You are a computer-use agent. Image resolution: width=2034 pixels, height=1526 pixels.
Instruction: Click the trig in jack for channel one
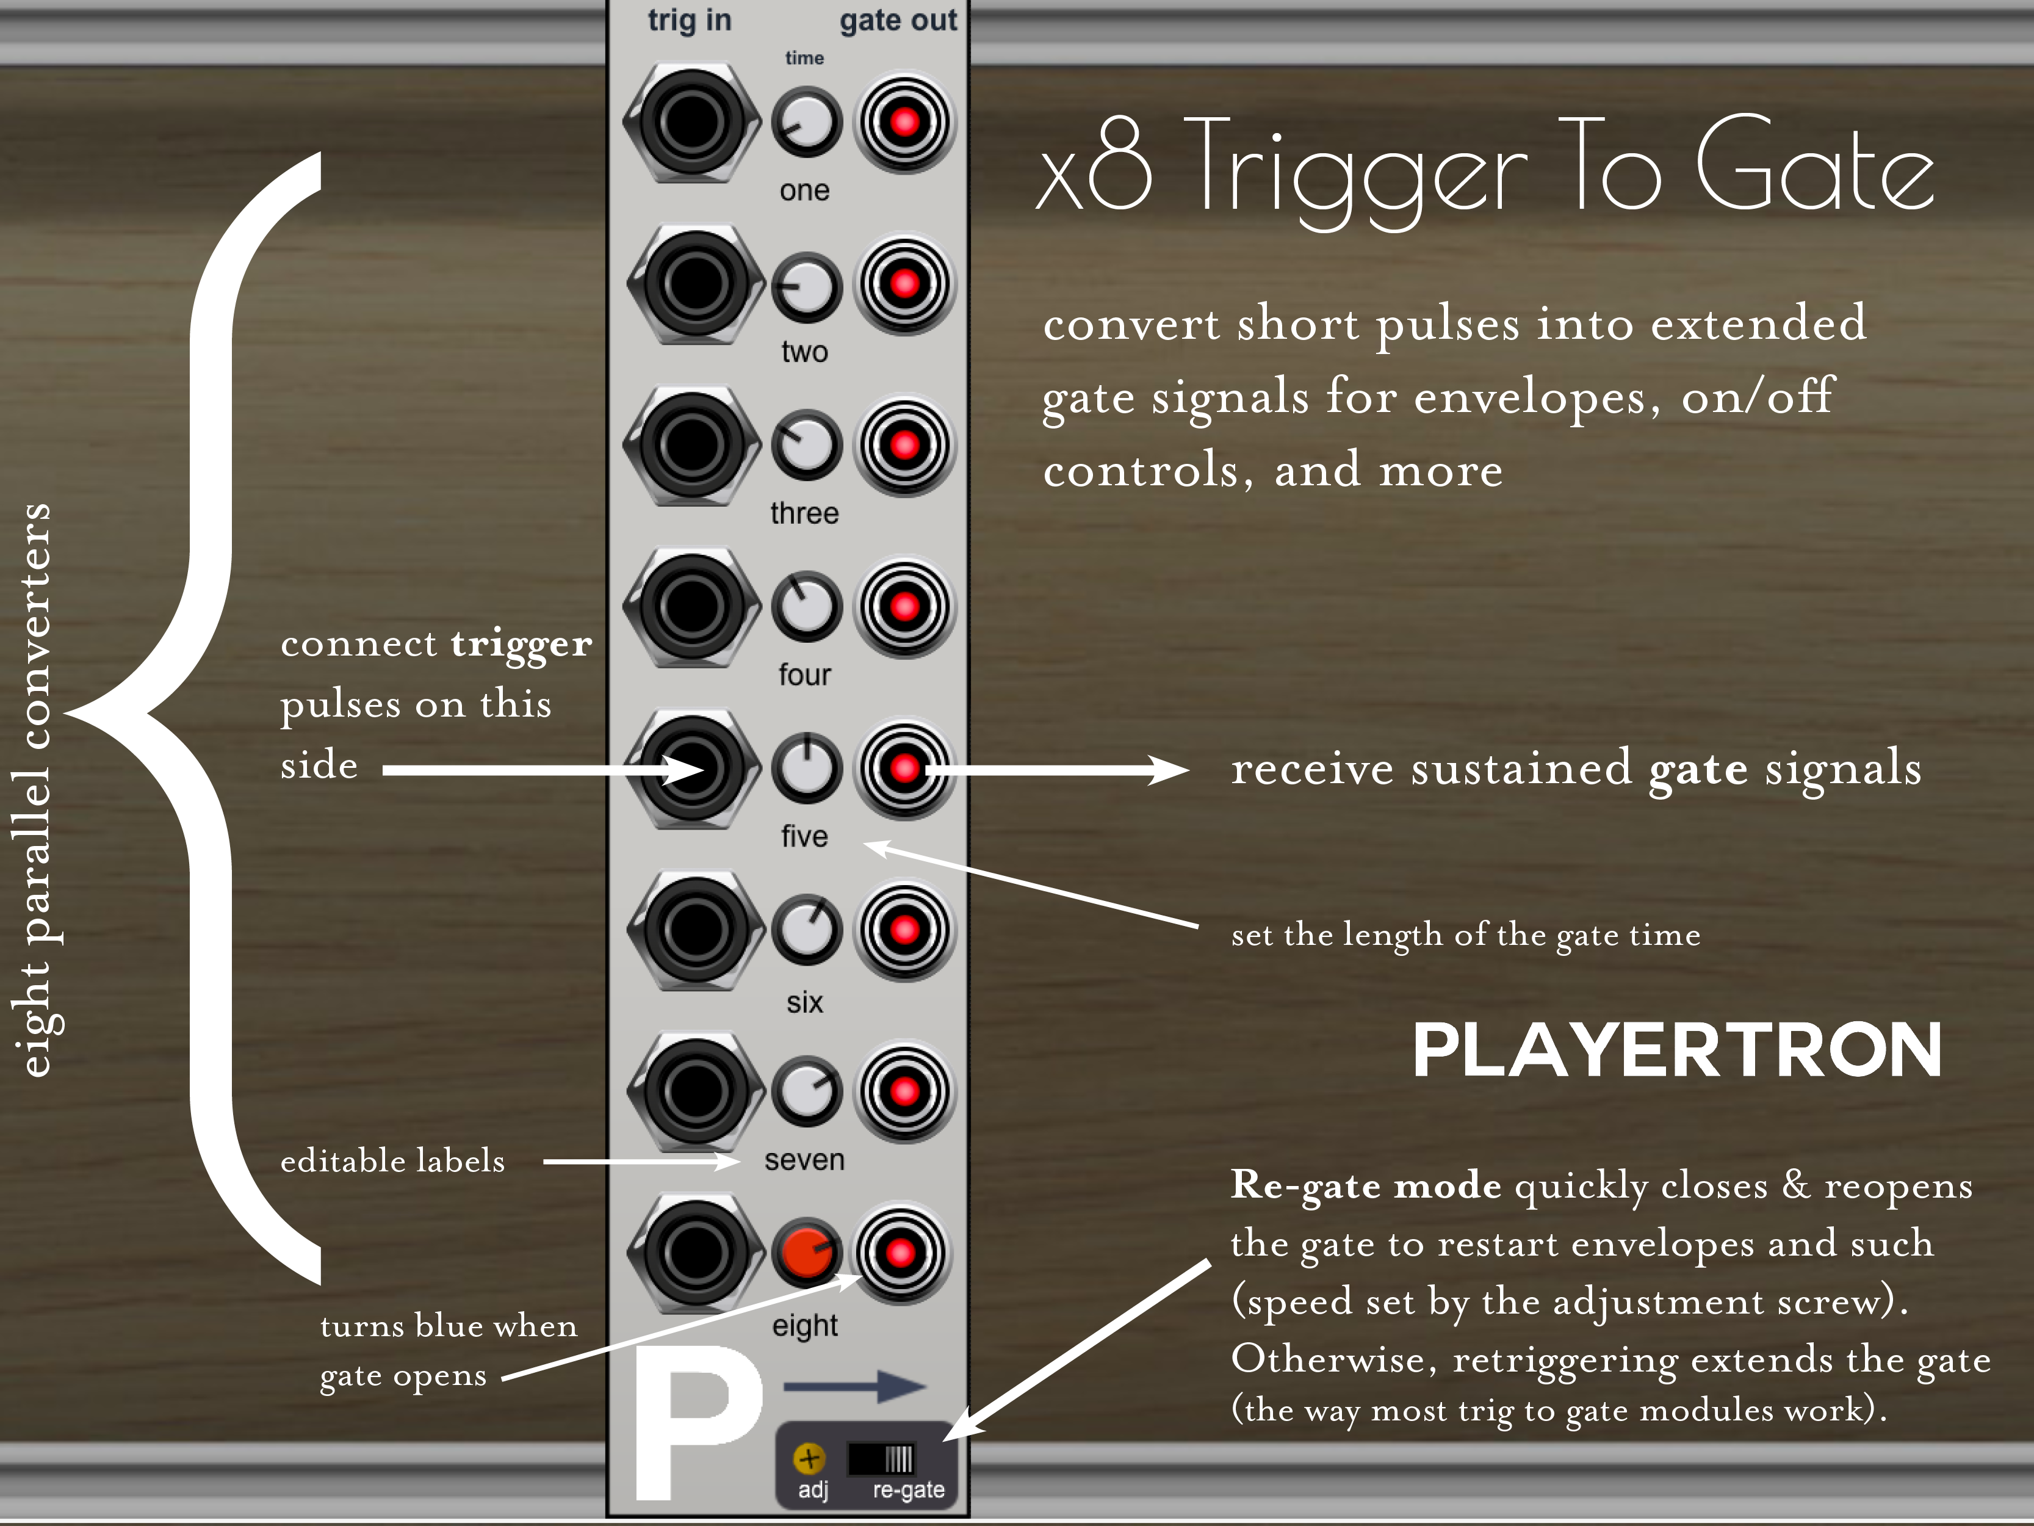(x=691, y=122)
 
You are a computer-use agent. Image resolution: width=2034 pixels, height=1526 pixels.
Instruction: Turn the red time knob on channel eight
(x=806, y=1252)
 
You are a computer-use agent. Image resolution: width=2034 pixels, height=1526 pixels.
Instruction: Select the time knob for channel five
(x=806, y=768)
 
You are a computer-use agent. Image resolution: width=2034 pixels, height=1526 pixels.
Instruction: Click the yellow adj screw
(x=809, y=1458)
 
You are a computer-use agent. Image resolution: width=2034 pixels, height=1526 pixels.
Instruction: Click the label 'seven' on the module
(x=804, y=1160)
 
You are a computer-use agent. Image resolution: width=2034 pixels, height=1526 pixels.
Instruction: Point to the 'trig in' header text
(x=690, y=20)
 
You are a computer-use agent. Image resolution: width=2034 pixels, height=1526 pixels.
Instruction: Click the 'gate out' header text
(x=898, y=20)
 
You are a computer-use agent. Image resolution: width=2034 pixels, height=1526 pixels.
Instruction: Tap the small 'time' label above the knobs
(x=804, y=58)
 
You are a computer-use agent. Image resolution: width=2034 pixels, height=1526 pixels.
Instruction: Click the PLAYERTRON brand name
(x=1676, y=1050)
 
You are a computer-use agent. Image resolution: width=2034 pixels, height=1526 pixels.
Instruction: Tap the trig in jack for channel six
(x=695, y=930)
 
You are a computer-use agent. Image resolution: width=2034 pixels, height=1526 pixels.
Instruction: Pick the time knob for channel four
(x=806, y=606)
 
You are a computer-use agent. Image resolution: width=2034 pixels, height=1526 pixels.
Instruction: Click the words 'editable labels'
(x=392, y=1161)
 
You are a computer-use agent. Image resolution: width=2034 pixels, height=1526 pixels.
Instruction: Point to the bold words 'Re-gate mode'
(x=1366, y=1185)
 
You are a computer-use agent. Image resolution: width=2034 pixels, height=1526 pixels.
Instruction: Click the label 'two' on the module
(x=804, y=352)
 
